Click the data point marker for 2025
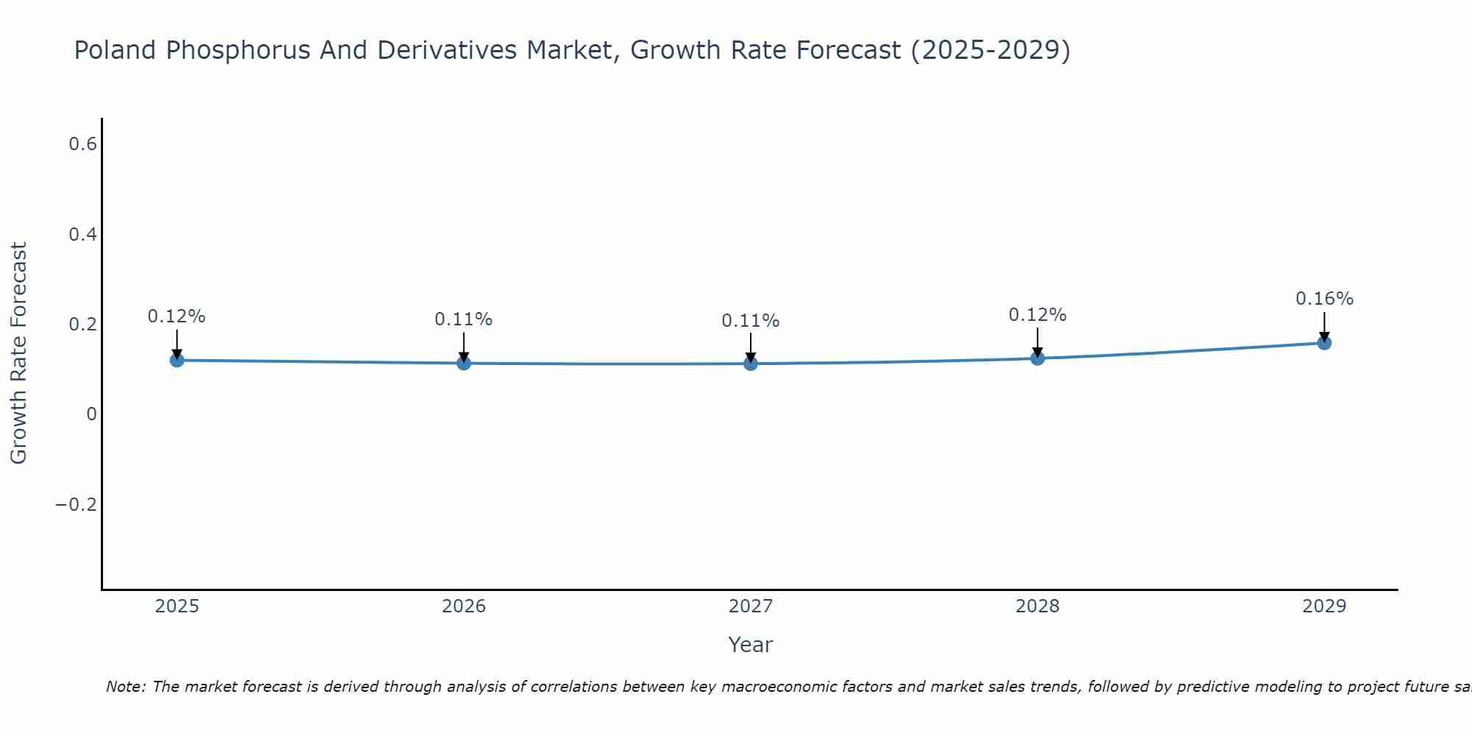pyautogui.click(x=177, y=360)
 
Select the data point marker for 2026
pyautogui.click(x=464, y=363)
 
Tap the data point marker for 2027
pyautogui.click(x=751, y=364)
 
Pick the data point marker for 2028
pyautogui.click(x=1038, y=358)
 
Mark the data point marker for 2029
pyautogui.click(x=1324, y=342)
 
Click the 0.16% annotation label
pyautogui.click(x=1324, y=299)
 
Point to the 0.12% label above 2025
pyautogui.click(x=177, y=316)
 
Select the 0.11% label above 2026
pyautogui.click(x=464, y=319)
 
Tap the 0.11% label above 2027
pyautogui.click(x=751, y=321)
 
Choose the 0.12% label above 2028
pyautogui.click(x=1038, y=315)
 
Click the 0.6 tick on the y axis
pyautogui.click(x=82, y=144)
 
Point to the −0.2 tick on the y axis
pyautogui.click(x=76, y=505)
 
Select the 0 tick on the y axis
pyautogui.click(x=91, y=414)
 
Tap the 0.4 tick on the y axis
pyautogui.click(x=82, y=235)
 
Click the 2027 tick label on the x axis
pyautogui.click(x=751, y=606)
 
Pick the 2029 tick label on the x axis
pyautogui.click(x=1324, y=606)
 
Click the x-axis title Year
pyautogui.click(x=751, y=645)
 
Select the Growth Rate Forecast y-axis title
pyautogui.click(x=19, y=353)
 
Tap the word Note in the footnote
pyautogui.click(x=125, y=687)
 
